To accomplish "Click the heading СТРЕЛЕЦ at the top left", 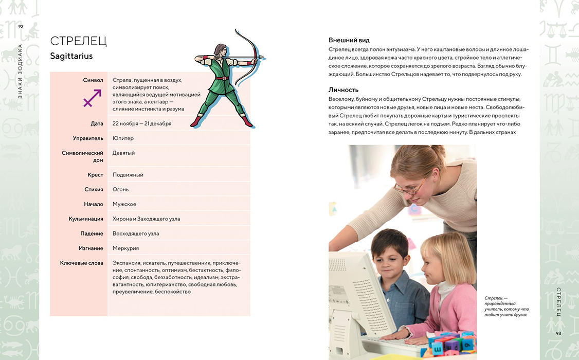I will [78, 41].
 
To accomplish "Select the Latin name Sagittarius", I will [71, 56].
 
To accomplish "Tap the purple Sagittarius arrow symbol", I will [92, 98].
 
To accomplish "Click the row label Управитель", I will [88, 138].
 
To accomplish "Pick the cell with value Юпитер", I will [123, 138].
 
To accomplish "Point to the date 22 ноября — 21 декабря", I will [142, 123].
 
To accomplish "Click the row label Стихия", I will [94, 190].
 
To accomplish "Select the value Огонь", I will [120, 190].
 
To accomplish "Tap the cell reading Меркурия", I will [125, 248].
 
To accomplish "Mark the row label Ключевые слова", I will [82, 263].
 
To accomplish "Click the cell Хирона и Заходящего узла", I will [146, 219].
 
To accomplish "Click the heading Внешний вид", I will [349, 40].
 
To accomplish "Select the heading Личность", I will [343, 89].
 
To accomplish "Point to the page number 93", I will [558, 333].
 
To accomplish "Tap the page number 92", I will [21, 27].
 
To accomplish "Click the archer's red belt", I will [221, 78].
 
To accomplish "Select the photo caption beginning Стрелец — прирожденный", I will [505, 306].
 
